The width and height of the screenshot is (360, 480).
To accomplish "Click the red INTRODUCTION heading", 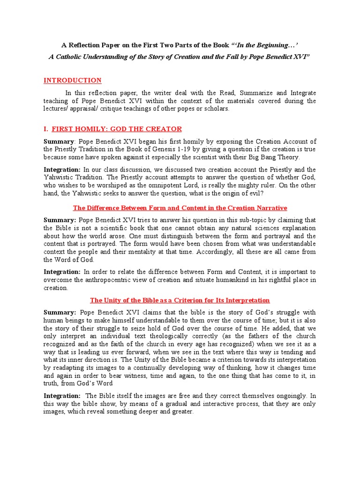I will (72, 80).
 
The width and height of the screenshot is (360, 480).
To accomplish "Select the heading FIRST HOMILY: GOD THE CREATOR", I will (117, 129).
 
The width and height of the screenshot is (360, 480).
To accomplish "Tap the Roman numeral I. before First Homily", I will (46, 129).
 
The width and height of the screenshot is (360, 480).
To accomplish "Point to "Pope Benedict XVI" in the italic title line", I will (278, 56).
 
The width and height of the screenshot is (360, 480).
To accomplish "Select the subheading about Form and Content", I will (180, 208).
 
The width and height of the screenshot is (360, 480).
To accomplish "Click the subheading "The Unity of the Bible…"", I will (180, 300).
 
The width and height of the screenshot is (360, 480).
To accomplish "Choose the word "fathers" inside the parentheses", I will (243, 336).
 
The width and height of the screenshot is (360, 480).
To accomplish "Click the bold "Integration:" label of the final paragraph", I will (62, 396).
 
